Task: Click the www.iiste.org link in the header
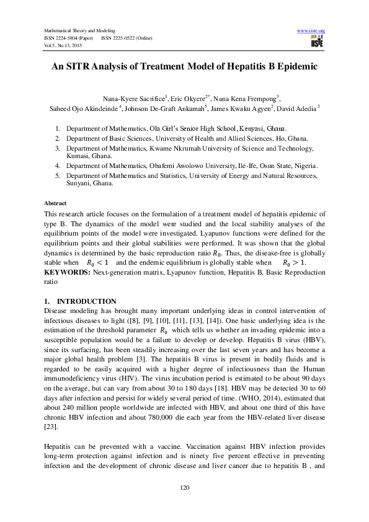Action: [x=311, y=30]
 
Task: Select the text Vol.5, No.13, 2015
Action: [x=62, y=45]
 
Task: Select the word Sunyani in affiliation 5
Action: [x=81, y=184]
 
